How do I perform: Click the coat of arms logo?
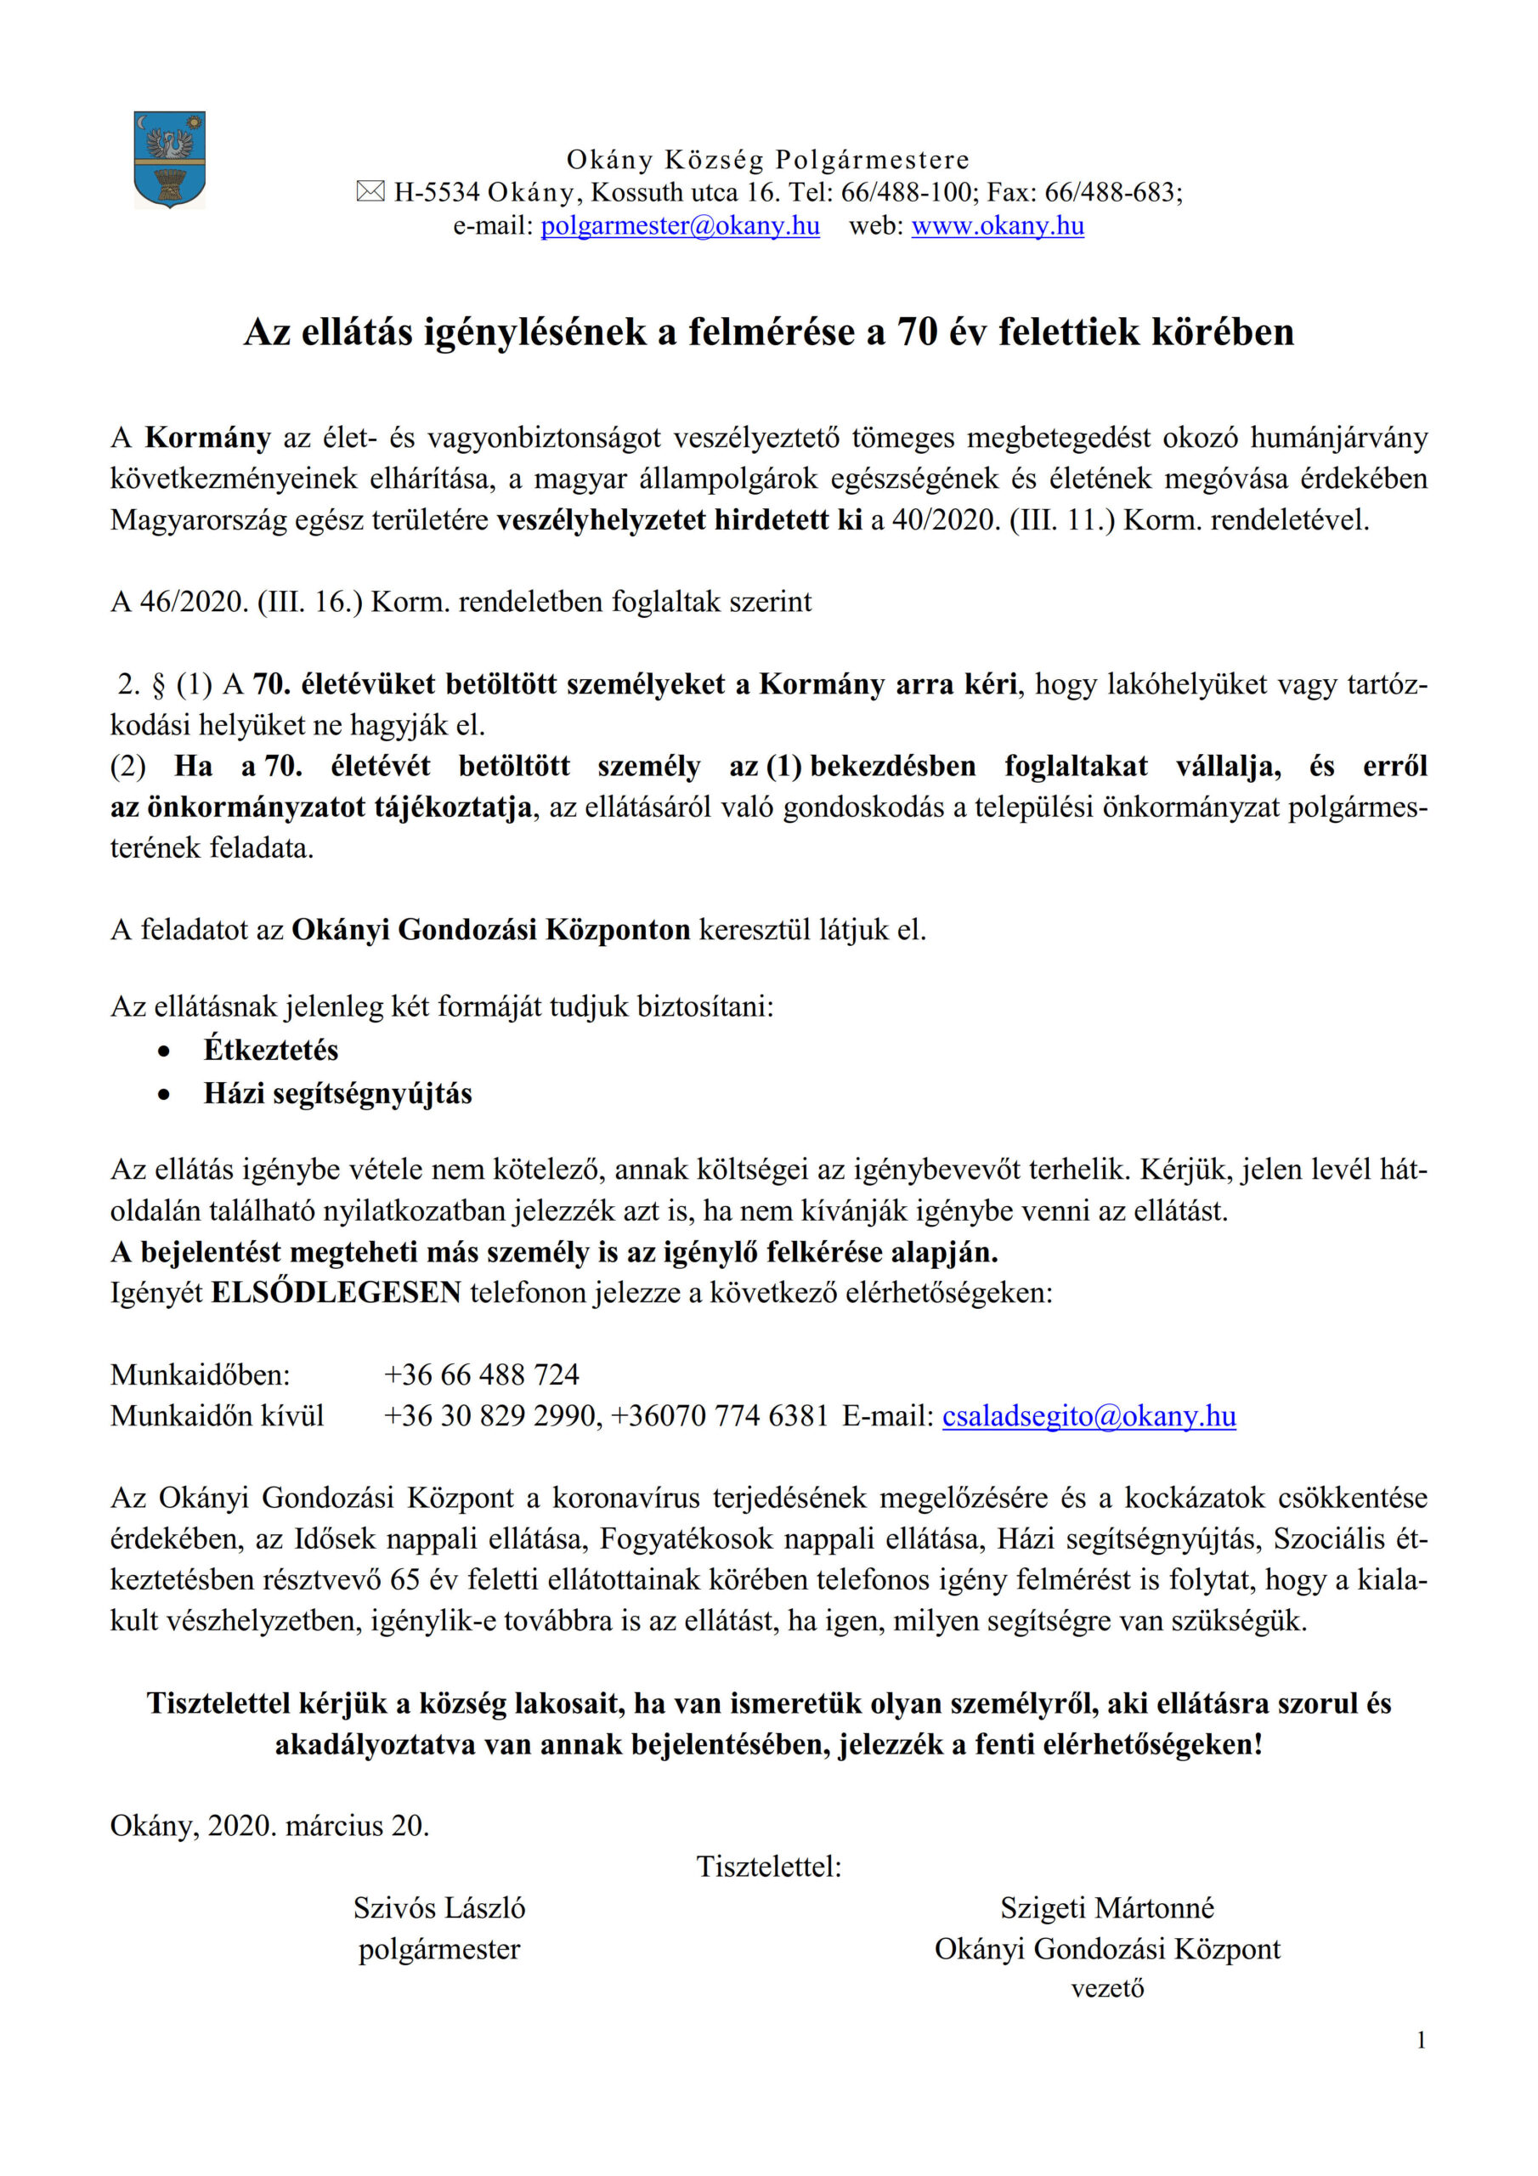coord(170,159)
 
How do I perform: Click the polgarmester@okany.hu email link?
coord(680,225)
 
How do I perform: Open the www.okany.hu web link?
coord(997,225)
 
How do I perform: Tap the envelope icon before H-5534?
coord(370,192)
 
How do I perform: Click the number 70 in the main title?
coord(916,331)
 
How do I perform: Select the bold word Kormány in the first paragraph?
coord(207,437)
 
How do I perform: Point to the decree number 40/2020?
coord(945,519)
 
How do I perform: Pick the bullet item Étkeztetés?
coord(270,1049)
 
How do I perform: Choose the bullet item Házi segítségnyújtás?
coord(337,1093)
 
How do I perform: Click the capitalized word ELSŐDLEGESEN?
coord(336,1292)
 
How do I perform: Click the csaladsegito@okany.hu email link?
coord(1088,1416)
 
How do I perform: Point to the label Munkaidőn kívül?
coord(217,1416)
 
